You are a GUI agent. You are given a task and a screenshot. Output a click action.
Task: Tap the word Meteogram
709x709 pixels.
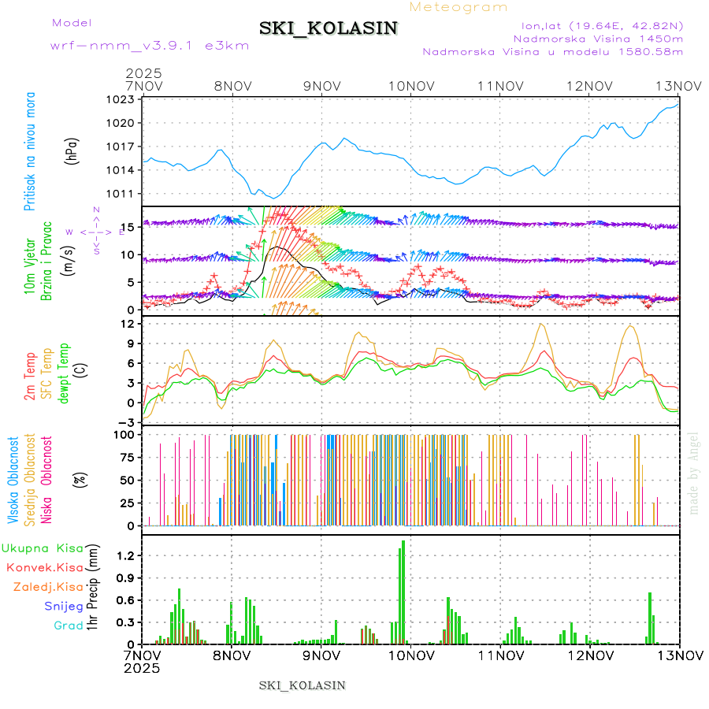coord(459,7)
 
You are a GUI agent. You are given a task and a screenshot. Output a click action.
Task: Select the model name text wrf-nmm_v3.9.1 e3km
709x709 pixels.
coord(150,46)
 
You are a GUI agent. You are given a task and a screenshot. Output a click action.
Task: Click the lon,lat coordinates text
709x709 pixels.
coord(597,25)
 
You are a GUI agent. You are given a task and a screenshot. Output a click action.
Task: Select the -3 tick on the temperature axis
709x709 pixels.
coord(127,422)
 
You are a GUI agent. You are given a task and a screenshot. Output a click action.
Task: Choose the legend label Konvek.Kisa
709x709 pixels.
coord(43,567)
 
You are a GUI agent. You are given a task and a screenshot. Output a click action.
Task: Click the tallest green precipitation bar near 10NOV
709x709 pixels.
coord(403,591)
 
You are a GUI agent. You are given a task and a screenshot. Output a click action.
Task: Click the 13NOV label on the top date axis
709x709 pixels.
coord(679,85)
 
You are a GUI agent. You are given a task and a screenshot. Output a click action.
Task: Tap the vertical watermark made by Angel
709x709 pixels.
coord(693,473)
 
